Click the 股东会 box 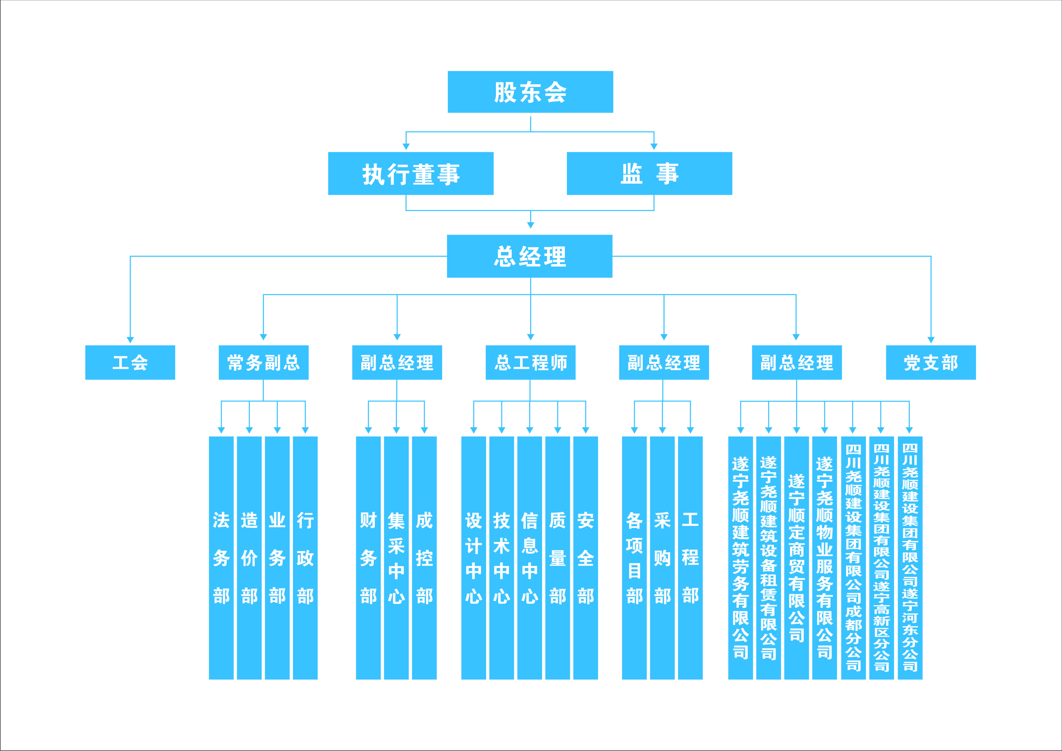(x=530, y=92)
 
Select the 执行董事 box (x=411, y=173)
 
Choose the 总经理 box (x=530, y=256)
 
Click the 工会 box (x=130, y=363)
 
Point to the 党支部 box (x=931, y=363)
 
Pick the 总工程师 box (x=530, y=363)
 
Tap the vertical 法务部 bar (x=221, y=558)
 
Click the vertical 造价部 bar (x=249, y=558)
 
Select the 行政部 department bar (x=305, y=558)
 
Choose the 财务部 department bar (x=368, y=558)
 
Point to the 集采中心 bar (x=397, y=558)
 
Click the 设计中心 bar (x=474, y=558)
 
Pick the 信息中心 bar (x=530, y=558)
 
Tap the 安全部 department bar (x=586, y=558)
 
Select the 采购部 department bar (x=662, y=558)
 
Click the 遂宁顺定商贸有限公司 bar (x=796, y=558)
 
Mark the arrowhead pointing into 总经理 (x=530, y=225)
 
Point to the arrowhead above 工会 (x=130, y=340)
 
